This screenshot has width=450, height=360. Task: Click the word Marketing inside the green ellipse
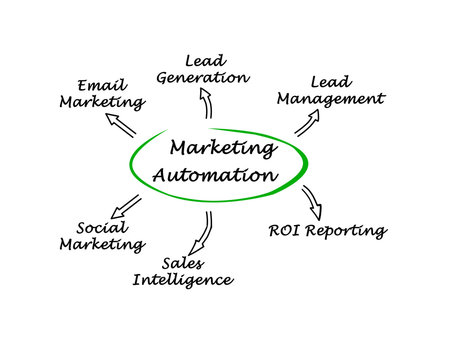223,150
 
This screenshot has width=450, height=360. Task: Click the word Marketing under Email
101,102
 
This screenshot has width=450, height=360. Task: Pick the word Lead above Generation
203,61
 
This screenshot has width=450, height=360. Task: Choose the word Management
330,99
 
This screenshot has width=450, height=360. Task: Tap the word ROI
284,231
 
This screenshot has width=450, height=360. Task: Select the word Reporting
346,232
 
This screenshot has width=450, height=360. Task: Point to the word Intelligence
182,280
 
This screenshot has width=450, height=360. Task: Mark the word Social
100,227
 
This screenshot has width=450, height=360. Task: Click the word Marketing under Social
101,245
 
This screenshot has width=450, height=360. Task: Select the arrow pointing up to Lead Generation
207,103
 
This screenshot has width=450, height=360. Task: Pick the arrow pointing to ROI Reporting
311,200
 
